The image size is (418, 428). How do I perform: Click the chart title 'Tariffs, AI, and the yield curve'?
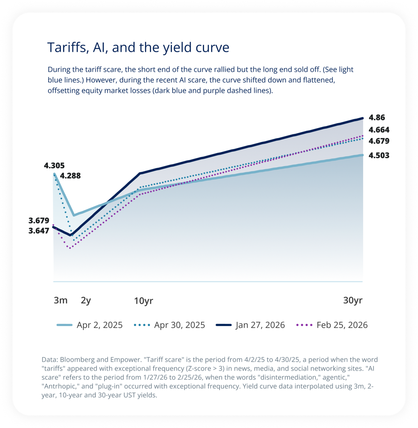tap(138, 47)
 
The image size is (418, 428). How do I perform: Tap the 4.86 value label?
tap(377, 118)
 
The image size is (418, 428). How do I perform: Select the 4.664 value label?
tap(379, 130)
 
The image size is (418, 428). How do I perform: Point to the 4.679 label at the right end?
tap(379, 141)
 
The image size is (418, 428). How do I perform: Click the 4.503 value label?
tap(379, 155)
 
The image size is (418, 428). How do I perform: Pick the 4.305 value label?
tap(54, 166)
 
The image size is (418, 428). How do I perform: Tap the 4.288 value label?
tap(70, 176)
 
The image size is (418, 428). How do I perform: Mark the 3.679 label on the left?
tap(39, 221)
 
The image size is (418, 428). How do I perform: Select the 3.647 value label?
tap(39, 231)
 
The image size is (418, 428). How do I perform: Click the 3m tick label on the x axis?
tap(61, 300)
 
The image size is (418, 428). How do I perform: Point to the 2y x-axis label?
tap(86, 300)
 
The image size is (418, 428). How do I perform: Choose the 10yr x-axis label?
tap(144, 301)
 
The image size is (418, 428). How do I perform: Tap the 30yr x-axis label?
tap(353, 300)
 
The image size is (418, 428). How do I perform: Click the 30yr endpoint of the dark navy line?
tap(362, 118)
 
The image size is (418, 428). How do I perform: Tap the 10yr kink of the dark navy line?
tap(140, 173)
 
